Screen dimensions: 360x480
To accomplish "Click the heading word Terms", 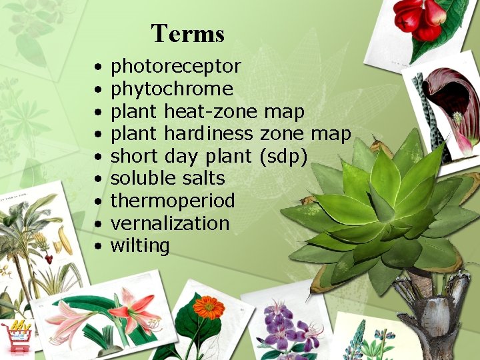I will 187,33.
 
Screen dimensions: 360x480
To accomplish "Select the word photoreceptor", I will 175,67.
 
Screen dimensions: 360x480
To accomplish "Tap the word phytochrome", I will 171,89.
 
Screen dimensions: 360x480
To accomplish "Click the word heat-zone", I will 211,111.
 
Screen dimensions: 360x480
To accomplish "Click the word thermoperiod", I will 172,201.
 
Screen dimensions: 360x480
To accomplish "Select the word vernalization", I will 169,223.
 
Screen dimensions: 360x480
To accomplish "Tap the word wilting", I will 139,246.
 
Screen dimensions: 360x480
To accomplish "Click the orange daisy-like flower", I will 209,307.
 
